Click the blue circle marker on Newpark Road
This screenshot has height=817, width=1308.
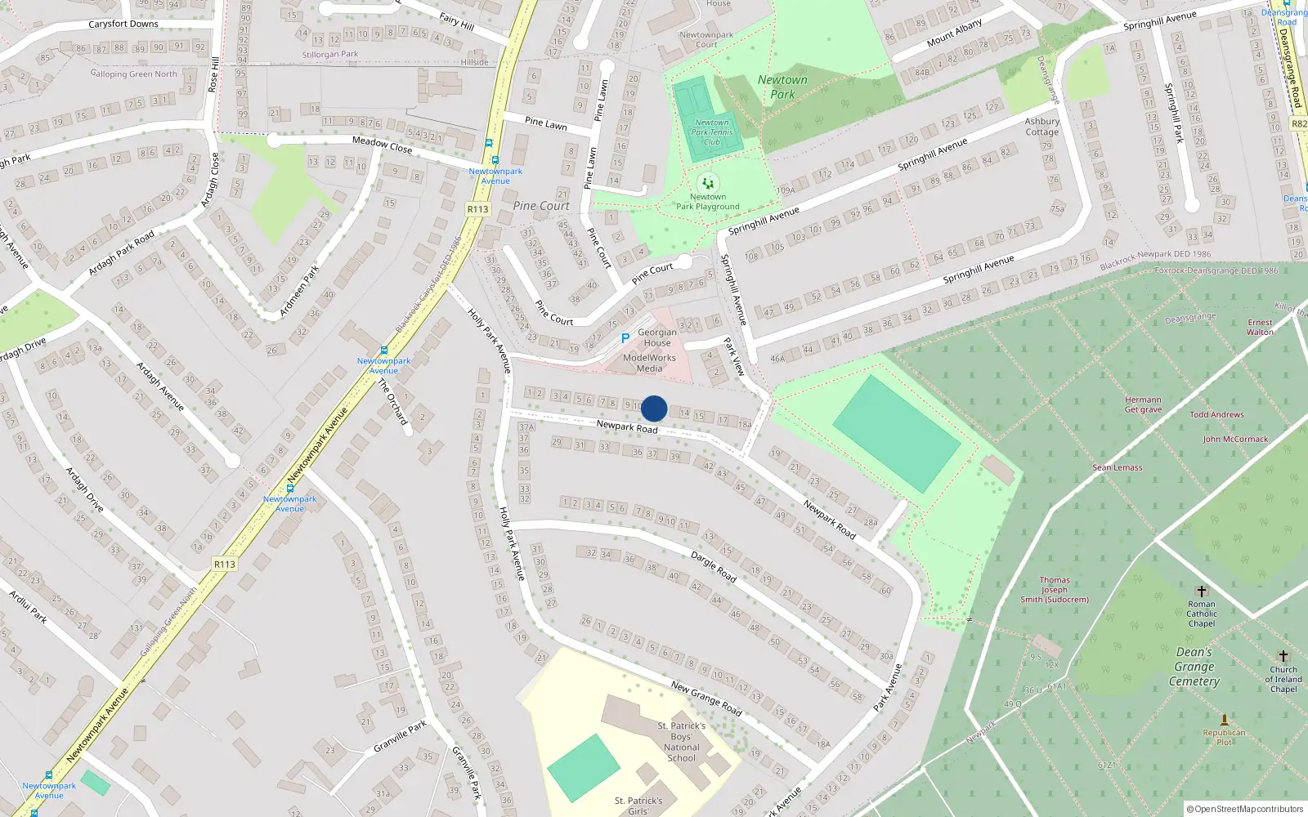pos(654,408)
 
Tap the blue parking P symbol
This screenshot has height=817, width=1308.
pos(625,338)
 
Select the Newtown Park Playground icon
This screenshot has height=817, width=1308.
pos(708,184)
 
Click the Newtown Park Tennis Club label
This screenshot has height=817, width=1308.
pos(712,132)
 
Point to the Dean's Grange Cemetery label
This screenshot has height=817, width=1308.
pos(1194,667)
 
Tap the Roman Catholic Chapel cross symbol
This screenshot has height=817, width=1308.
pos(1201,592)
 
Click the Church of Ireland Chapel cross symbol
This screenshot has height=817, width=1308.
pos(1283,656)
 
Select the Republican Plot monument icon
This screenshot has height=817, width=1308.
pos(1224,720)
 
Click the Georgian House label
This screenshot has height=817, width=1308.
pos(656,337)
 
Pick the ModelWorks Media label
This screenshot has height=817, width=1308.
pos(649,363)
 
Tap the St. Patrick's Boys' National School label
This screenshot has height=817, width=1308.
pos(682,742)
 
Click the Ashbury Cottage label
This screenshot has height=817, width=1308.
pos(1041,127)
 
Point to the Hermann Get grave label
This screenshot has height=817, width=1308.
pos(1143,404)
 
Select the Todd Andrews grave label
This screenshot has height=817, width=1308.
pos(1216,415)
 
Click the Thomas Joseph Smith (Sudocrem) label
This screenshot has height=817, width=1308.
pos(1055,590)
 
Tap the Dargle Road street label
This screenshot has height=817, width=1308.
pos(714,566)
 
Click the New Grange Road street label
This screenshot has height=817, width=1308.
pos(706,699)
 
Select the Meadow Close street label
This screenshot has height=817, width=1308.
pos(382,145)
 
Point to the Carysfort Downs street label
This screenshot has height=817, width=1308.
pos(123,24)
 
